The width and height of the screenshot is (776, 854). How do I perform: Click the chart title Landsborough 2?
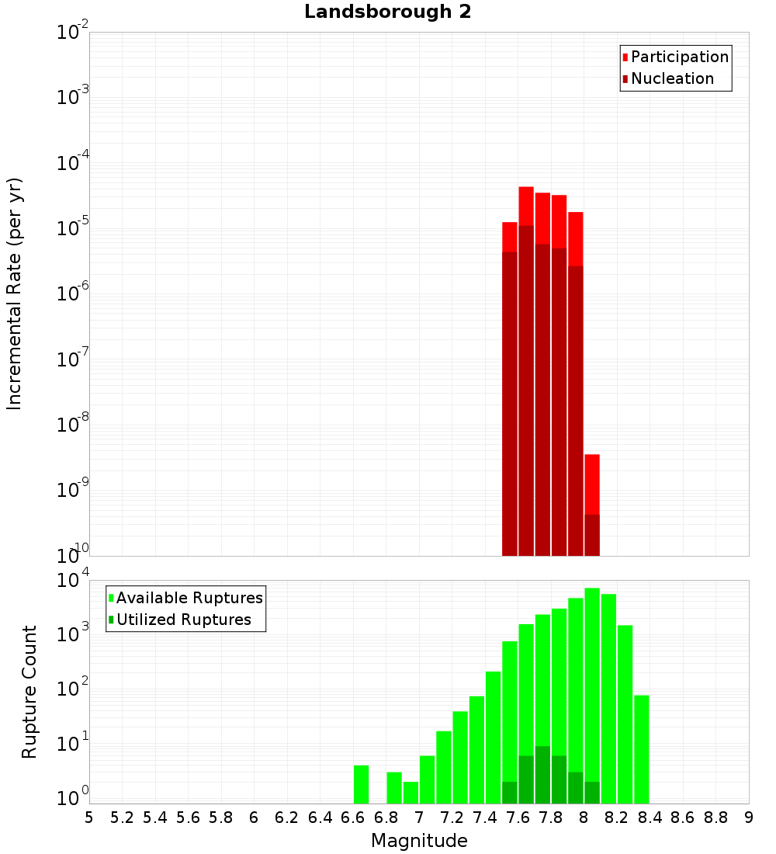[387, 12]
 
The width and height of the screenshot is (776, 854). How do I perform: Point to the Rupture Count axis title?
[29, 692]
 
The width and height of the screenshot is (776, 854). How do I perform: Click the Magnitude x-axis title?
[419, 841]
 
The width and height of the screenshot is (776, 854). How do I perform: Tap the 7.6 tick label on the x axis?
[518, 818]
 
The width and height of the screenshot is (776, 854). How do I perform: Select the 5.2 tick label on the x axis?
[123, 818]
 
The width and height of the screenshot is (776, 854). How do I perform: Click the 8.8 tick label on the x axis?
[715, 818]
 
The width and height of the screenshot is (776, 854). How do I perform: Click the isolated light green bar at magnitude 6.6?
[361, 784]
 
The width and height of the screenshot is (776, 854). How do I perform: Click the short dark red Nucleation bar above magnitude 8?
[592, 535]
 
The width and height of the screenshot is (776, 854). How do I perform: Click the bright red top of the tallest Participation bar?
[526, 206]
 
